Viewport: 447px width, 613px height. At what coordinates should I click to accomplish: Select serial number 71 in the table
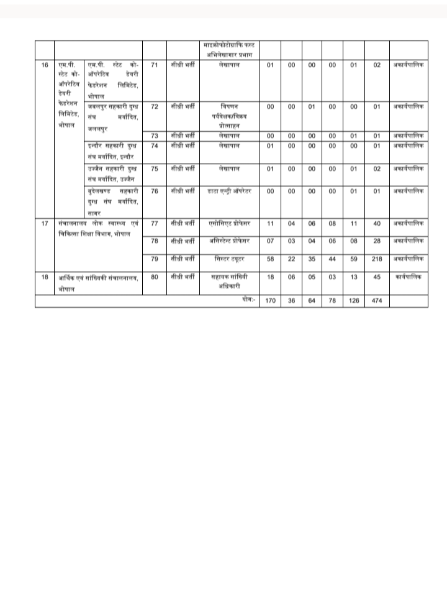tap(155, 65)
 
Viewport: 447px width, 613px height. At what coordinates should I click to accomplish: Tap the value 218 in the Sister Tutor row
tap(377, 259)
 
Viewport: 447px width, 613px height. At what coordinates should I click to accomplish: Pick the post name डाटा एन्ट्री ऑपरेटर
tap(229, 191)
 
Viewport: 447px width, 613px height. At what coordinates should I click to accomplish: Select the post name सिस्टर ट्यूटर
tap(229, 258)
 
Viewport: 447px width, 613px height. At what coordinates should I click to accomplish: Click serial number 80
tap(155, 277)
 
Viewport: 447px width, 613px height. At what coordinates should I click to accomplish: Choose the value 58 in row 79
tap(270, 259)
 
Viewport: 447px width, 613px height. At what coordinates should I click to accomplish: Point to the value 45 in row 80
tap(377, 277)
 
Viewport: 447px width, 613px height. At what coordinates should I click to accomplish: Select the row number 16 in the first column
tap(44, 65)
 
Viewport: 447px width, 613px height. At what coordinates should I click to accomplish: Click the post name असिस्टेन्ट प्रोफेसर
tap(229, 240)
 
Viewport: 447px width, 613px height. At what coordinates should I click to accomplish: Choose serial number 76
tap(155, 191)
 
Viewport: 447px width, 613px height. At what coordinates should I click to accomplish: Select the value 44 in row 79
tap(332, 259)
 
